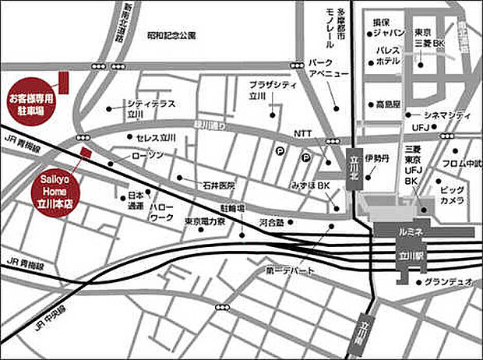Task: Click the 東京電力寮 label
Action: pos(204,222)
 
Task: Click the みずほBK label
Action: pos(312,187)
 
